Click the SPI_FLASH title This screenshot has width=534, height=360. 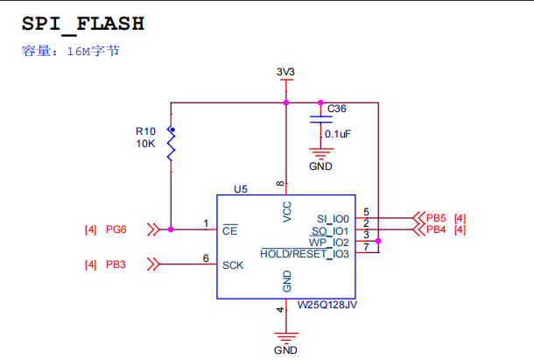tap(83, 24)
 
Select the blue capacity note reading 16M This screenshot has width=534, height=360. tap(70, 52)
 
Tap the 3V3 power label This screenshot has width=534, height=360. tap(285, 71)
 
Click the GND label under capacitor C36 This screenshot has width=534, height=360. tap(321, 166)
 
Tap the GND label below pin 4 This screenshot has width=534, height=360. tap(285, 349)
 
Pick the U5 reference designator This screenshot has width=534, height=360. tap(241, 188)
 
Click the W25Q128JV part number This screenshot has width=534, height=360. tap(327, 306)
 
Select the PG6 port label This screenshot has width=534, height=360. tap(116, 229)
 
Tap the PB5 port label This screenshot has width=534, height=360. tap(436, 217)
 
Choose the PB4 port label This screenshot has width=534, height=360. tap(436, 229)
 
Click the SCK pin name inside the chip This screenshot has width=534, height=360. tap(233, 265)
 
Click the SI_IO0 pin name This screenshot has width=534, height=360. tap(333, 218)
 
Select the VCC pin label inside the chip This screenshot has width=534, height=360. tap(286, 212)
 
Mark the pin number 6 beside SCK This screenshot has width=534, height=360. tap(206, 258)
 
